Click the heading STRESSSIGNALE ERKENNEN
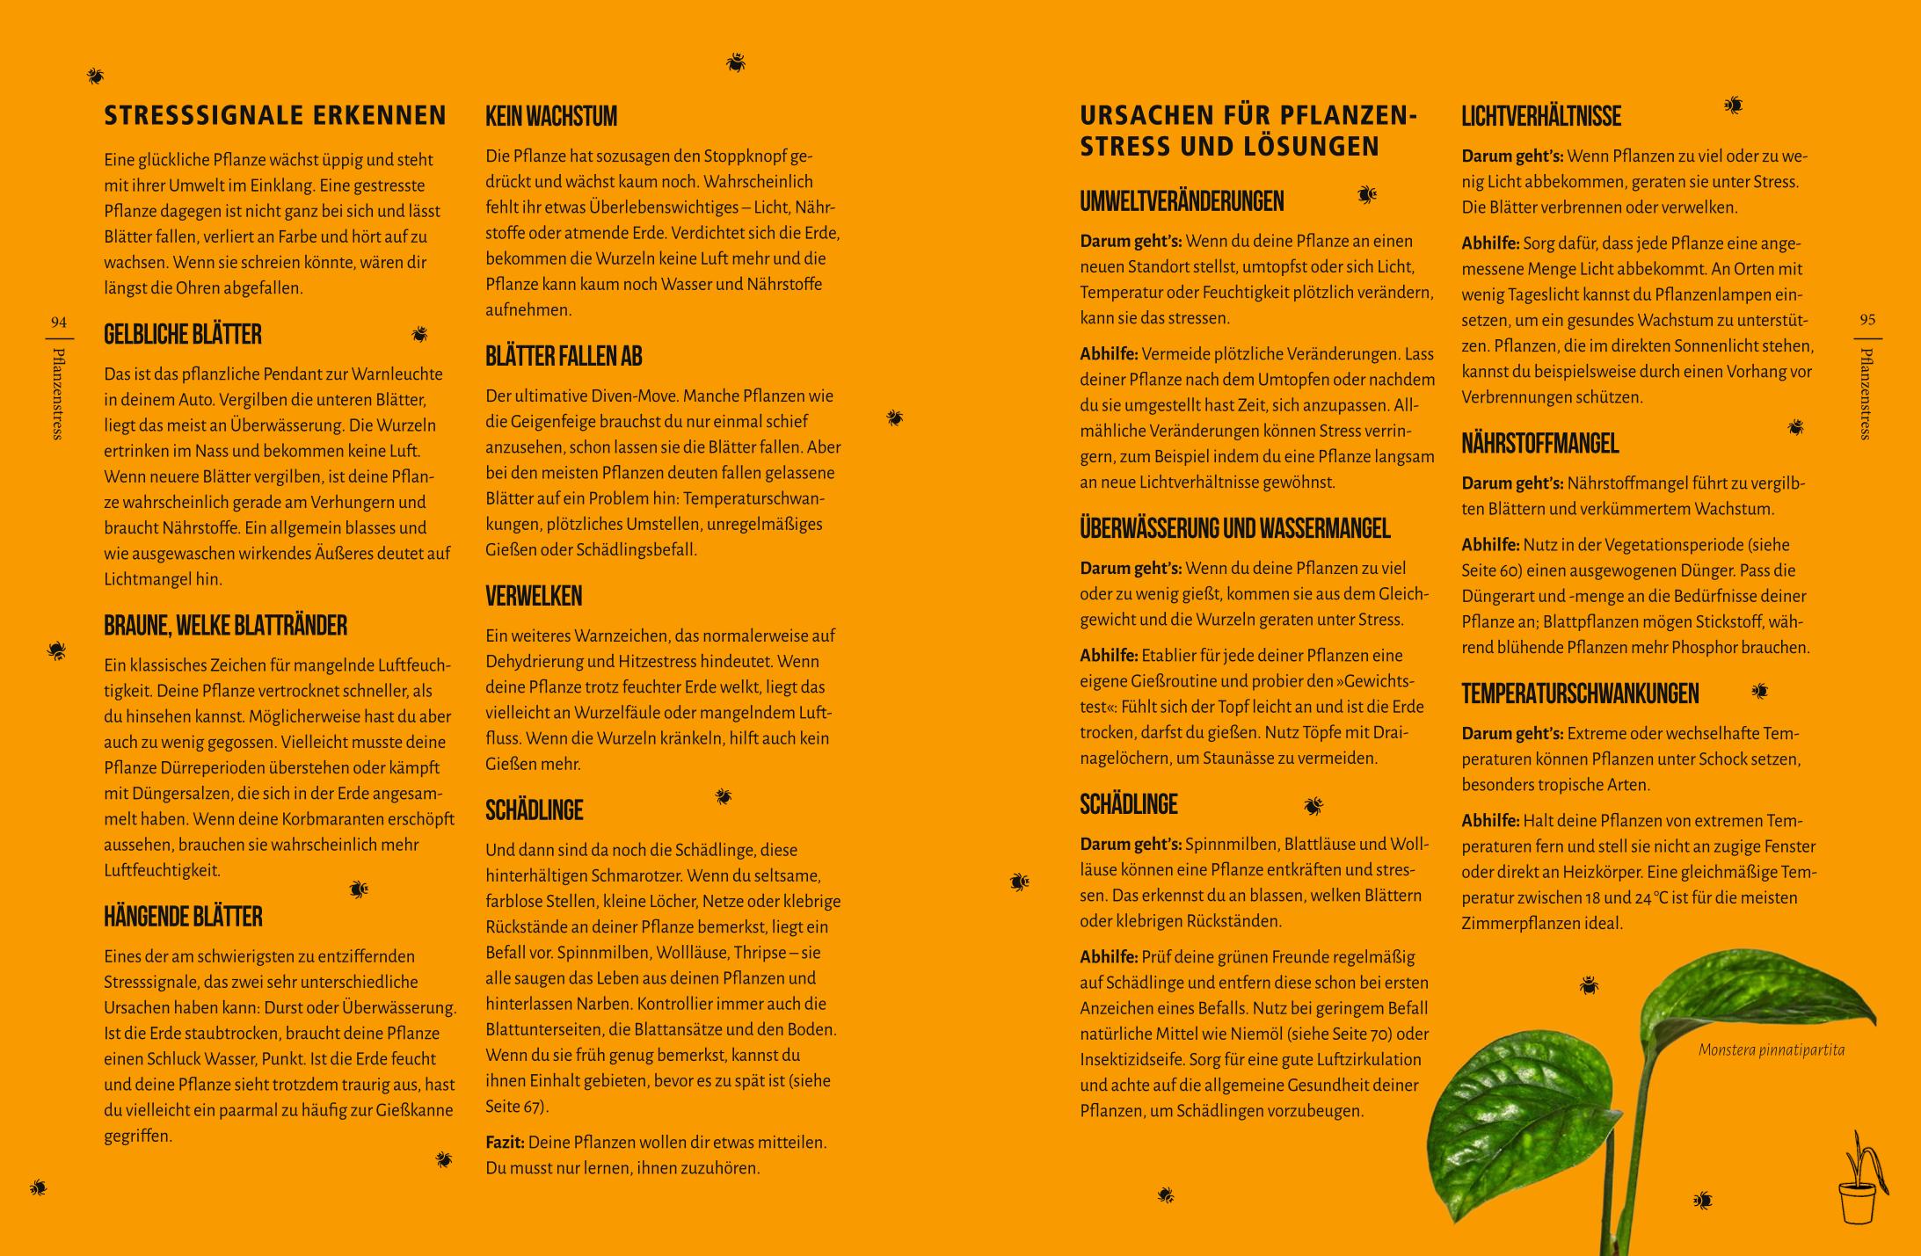point(275,116)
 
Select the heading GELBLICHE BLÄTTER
point(183,335)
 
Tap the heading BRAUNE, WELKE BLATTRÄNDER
point(225,626)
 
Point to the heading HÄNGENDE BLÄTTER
point(183,917)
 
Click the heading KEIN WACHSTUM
point(551,116)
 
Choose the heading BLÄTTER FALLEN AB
point(564,356)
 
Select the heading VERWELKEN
point(534,596)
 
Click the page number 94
point(59,322)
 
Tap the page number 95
point(1867,320)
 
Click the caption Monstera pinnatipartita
point(1771,1050)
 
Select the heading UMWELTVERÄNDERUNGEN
point(1182,201)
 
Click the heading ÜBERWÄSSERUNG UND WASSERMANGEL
point(1235,528)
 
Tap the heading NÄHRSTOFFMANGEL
point(1539,444)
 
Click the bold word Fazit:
point(505,1143)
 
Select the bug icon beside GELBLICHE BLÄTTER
point(419,334)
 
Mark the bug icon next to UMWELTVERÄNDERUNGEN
point(1366,194)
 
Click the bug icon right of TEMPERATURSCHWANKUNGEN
point(1759,691)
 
